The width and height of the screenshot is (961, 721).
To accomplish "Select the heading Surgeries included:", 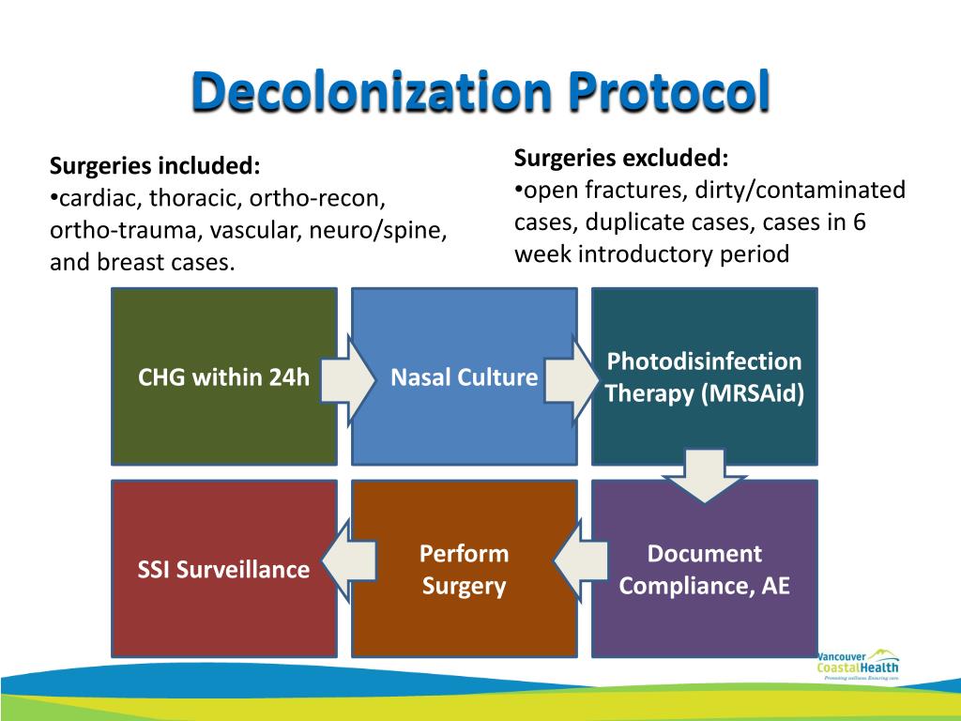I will point(155,166).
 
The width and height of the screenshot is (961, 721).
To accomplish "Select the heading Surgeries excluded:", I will point(620,156).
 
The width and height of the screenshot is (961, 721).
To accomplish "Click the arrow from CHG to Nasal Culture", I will point(345,379).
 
